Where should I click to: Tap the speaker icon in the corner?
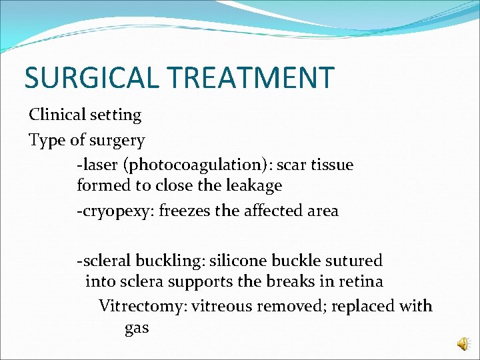463,343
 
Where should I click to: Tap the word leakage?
255,186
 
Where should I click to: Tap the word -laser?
97,165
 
